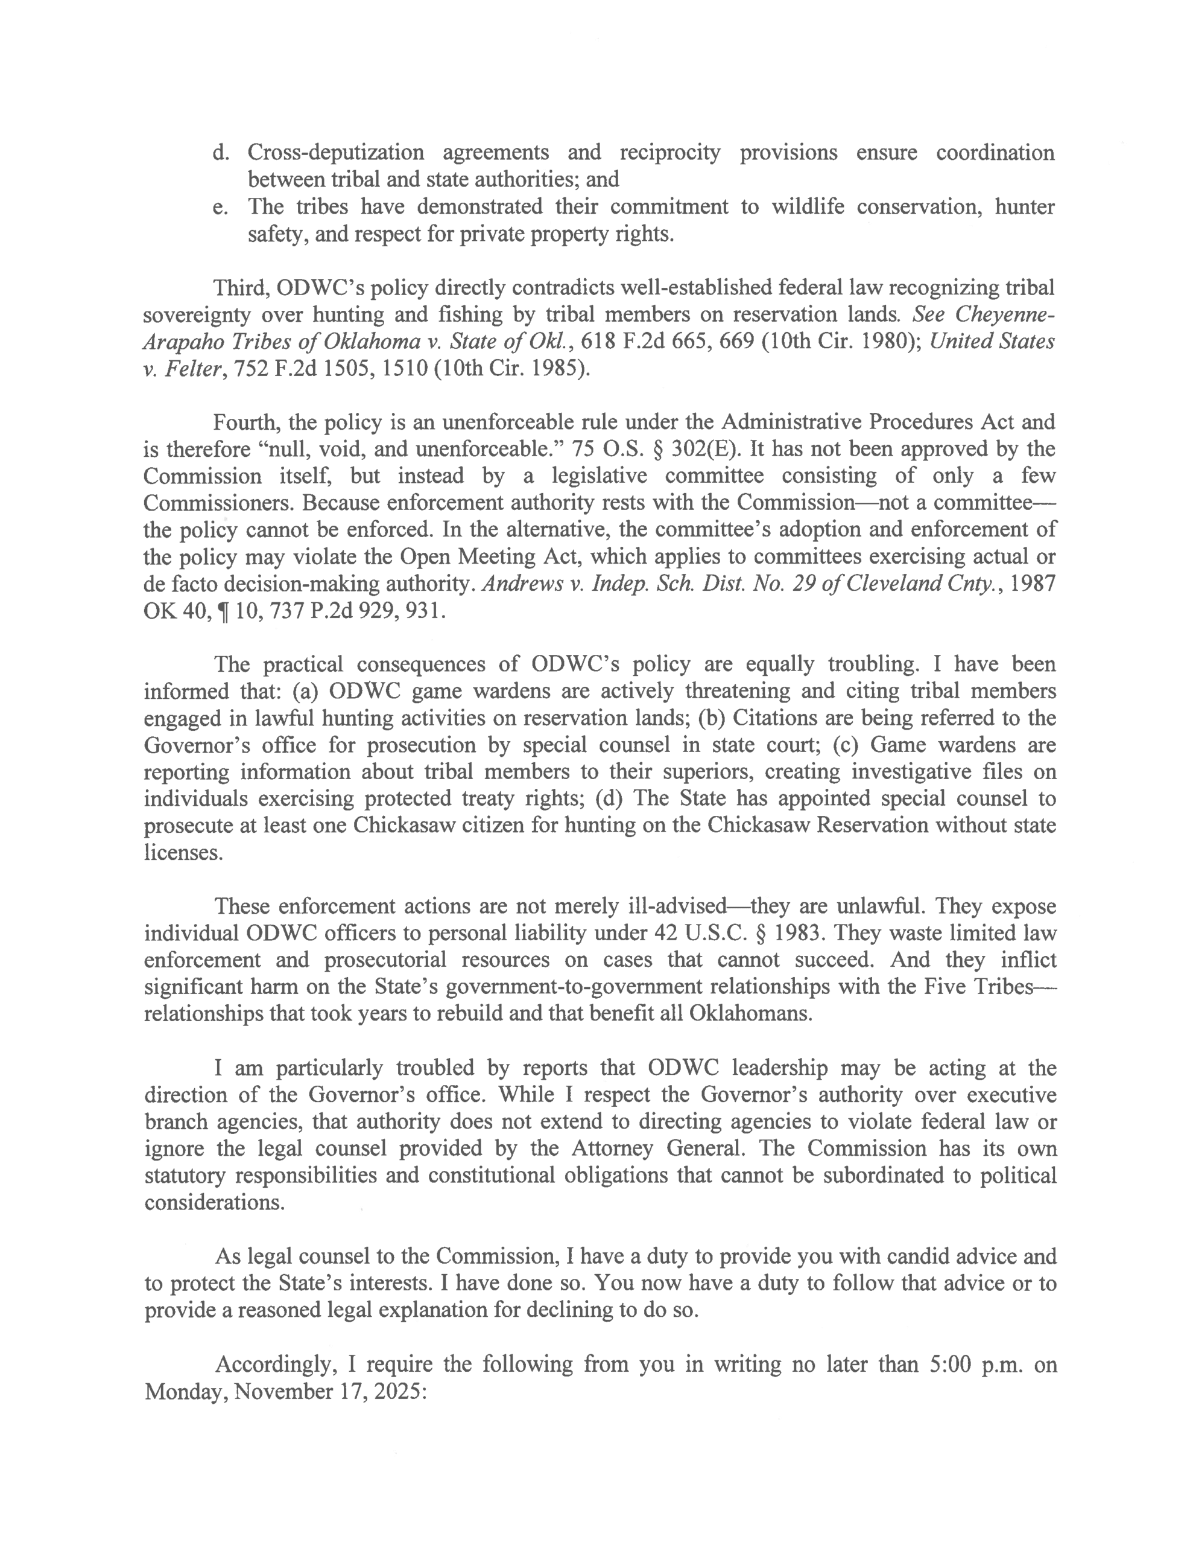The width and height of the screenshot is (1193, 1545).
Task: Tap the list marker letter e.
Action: pos(219,207)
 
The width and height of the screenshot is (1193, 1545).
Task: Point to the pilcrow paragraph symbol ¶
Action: pos(222,611)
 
